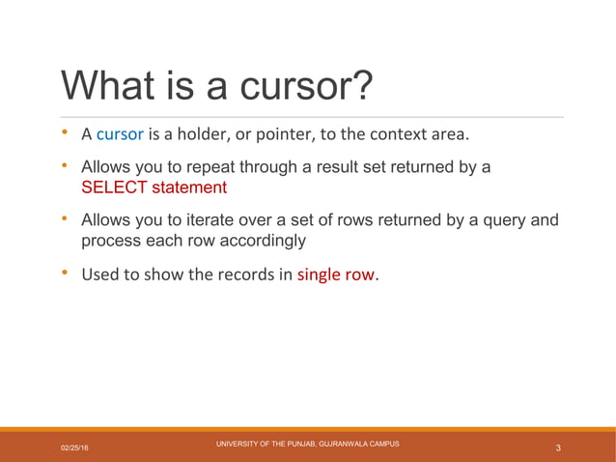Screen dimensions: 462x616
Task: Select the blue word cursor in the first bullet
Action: (120, 132)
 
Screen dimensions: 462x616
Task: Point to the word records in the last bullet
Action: (249, 274)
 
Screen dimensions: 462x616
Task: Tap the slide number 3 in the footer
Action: (559, 448)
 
